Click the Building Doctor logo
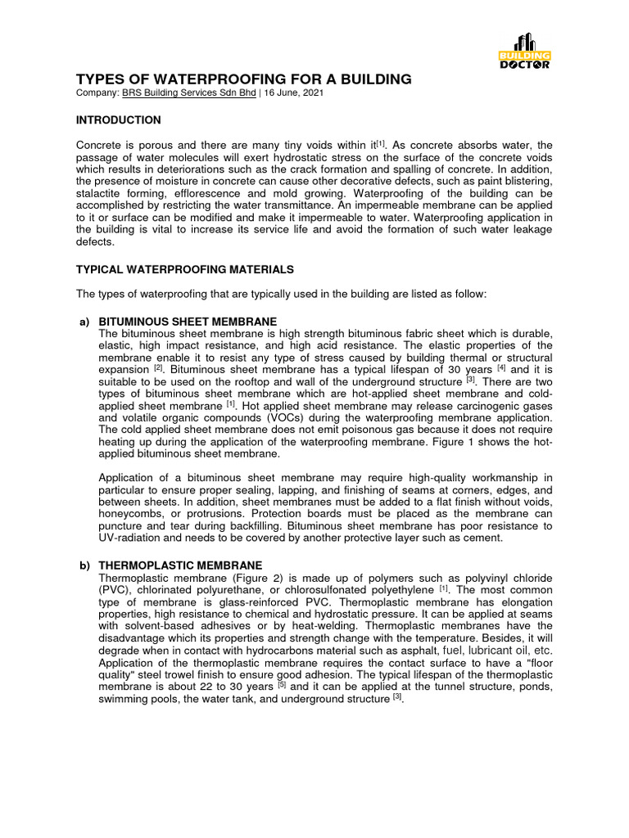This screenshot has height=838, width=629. click(x=524, y=51)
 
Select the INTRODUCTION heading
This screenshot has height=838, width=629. click(x=118, y=120)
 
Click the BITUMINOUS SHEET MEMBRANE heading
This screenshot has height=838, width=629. click(x=188, y=321)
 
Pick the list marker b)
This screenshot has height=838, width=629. click(x=84, y=565)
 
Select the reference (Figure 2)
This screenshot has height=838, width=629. click(x=258, y=578)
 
